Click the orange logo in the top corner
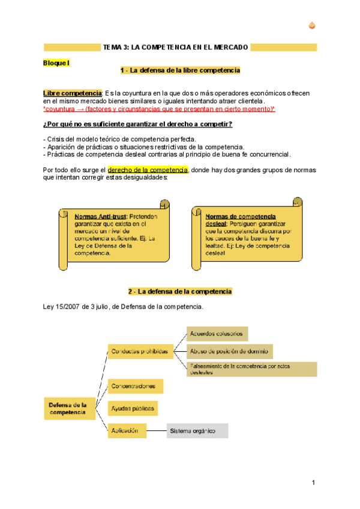pos(312,25)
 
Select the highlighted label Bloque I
pos(57,62)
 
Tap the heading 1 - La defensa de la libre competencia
pos(180,71)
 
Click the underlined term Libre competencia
pos(72,94)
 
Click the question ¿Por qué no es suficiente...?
pos(137,124)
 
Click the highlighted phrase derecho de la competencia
pos(148,170)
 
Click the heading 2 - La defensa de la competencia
pos(180,292)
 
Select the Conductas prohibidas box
pos(139,351)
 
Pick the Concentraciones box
pos(135,386)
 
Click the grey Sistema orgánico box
pos(197,430)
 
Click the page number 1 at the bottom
pos(313,484)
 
